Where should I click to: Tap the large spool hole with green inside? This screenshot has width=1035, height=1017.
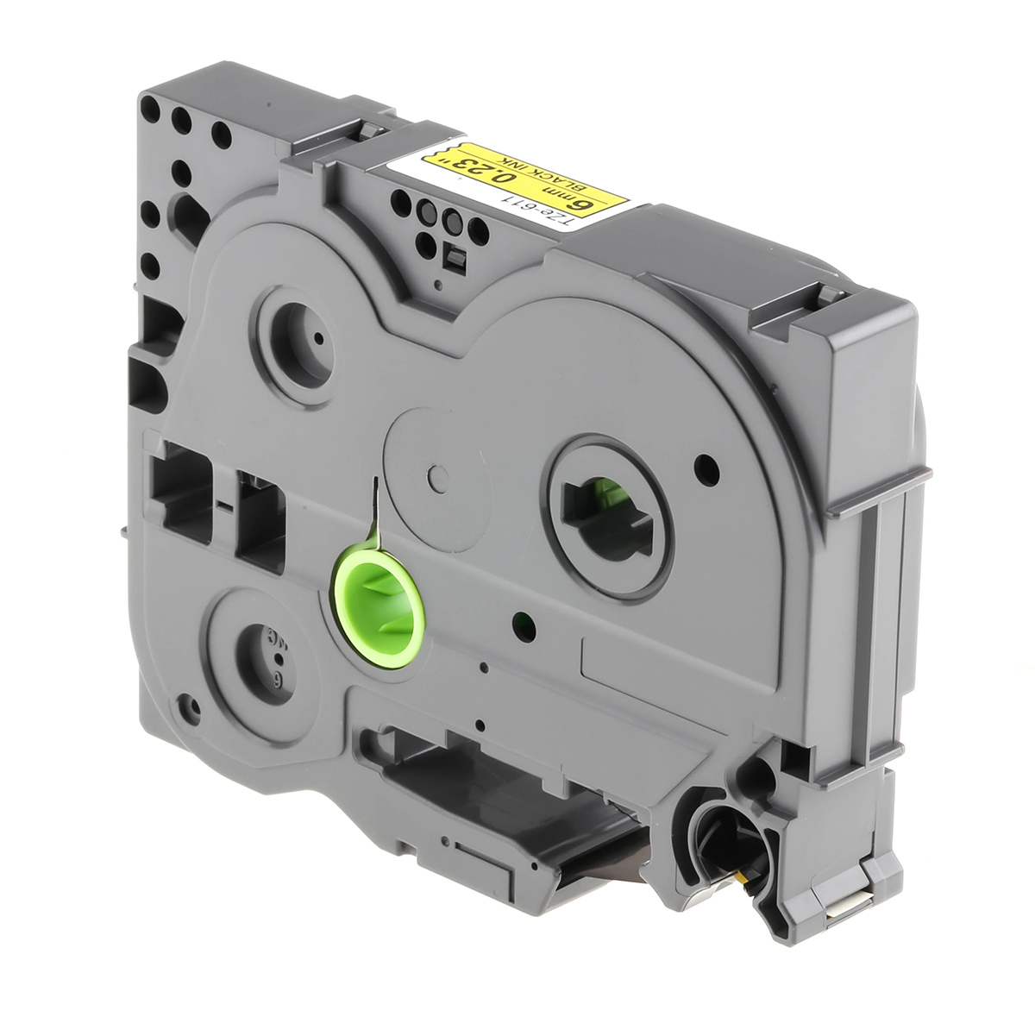(x=605, y=514)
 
